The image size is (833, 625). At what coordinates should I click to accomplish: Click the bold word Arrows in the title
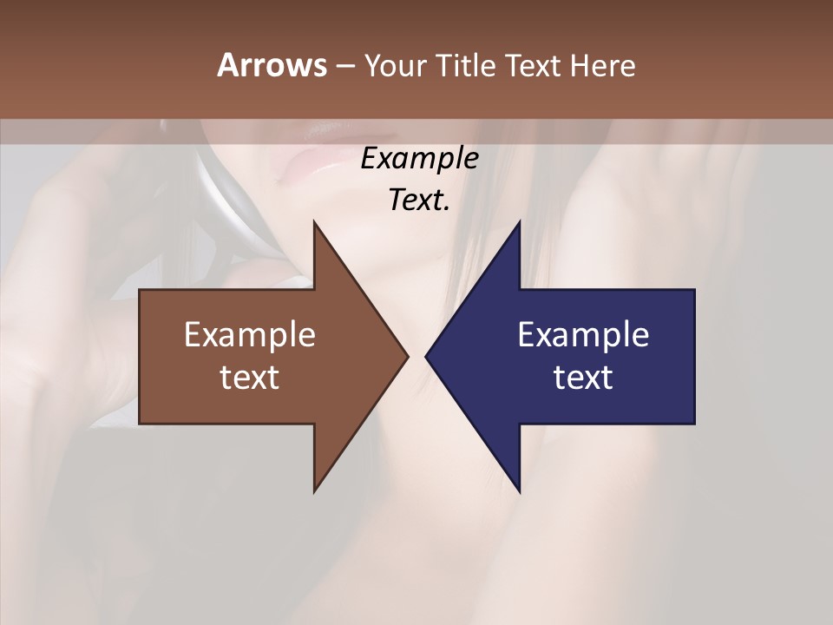click(271, 65)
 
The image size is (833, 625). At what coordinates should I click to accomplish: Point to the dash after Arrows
click(344, 66)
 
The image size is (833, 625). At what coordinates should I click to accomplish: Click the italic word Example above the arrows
click(419, 159)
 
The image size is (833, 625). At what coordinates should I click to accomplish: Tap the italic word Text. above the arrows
click(419, 200)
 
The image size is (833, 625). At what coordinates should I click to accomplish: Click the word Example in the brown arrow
click(250, 334)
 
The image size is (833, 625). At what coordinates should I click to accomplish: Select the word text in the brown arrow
click(250, 377)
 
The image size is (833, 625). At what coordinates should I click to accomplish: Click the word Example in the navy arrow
click(583, 334)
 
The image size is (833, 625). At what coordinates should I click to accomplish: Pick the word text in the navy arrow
click(583, 377)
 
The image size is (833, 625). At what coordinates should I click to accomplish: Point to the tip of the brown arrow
click(407, 356)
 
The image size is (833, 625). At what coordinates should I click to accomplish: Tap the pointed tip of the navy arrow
click(426, 356)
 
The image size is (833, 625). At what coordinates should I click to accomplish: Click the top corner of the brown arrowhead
click(314, 222)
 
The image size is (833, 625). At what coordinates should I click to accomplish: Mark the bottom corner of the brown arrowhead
click(314, 491)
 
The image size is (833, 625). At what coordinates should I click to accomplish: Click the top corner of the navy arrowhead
click(519, 222)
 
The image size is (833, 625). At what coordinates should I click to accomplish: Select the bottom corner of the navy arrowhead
click(519, 491)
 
